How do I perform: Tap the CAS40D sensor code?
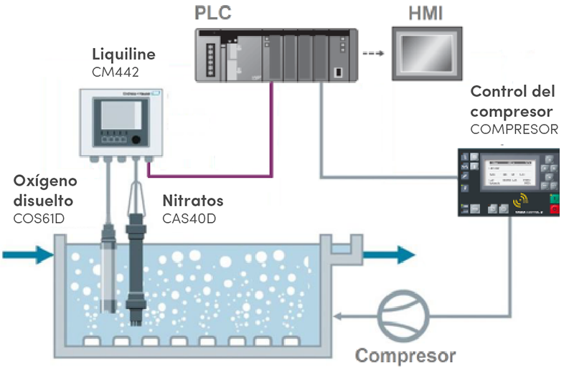[x=188, y=216]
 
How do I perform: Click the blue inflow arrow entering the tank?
[x=27, y=253]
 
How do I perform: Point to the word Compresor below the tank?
[x=406, y=356]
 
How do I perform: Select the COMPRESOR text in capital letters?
[x=514, y=130]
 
